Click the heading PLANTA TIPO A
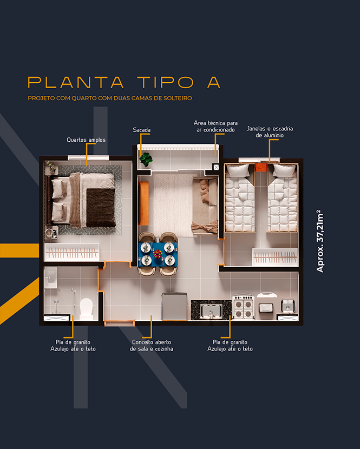pos(124,82)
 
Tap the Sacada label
pos(142,130)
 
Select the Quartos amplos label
pos(86,140)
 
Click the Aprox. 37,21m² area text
pos(320,241)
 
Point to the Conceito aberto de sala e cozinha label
pos(152,346)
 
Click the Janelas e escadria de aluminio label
pos(270,132)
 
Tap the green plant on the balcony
pos(146,159)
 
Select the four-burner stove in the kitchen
pos(244,307)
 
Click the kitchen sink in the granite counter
pos(211,311)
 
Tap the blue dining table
pos(158,254)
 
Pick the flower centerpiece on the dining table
pos(158,254)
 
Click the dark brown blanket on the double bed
pos(101,207)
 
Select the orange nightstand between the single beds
pos(261,167)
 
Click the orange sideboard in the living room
pos(144,203)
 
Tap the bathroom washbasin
pos(51,278)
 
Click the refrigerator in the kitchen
pos(174,306)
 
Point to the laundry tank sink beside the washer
pos(287,306)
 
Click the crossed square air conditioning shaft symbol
pos(216,167)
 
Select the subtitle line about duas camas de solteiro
pos(110,98)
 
